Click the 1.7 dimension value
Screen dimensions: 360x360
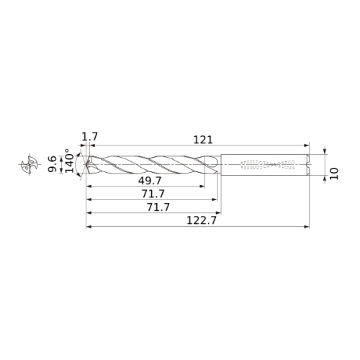click(x=90, y=137)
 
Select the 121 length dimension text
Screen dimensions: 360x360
click(x=203, y=140)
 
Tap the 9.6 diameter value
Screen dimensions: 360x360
click(x=52, y=164)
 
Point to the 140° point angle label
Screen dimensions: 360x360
click(x=70, y=161)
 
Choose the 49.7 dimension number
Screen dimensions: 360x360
click(x=150, y=181)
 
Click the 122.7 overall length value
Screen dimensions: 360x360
click(x=202, y=220)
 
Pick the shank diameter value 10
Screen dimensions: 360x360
click(x=334, y=174)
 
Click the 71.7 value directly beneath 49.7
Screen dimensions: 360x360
click(x=153, y=194)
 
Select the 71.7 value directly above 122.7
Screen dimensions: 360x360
click(x=158, y=207)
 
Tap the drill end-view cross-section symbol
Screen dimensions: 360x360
click(x=30, y=164)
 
